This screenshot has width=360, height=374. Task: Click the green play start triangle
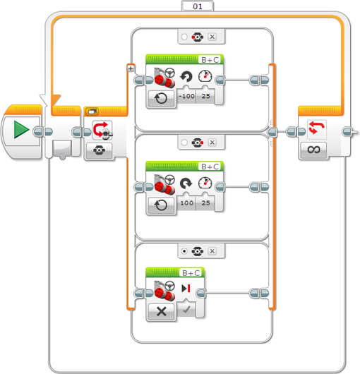21,130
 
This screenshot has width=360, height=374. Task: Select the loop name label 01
198,6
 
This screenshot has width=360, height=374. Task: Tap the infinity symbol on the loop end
313,150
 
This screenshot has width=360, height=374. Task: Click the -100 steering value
186,96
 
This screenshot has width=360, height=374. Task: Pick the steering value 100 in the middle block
187,203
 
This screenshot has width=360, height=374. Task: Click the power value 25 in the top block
205,96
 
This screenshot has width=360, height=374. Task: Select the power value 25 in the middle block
205,203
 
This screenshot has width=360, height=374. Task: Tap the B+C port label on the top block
210,60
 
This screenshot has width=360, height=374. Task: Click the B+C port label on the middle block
210,167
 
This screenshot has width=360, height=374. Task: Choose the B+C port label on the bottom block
191,273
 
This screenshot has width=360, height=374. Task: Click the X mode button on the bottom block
162,311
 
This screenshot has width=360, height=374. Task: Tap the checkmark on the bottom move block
186,310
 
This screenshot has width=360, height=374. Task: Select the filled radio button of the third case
184,251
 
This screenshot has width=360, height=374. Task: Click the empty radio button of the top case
184,37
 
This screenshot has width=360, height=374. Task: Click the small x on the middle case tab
212,143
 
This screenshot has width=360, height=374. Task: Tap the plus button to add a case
131,68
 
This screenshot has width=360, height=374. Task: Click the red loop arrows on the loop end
316,128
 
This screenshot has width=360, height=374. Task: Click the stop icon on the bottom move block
186,288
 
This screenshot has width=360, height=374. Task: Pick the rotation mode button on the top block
161,98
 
